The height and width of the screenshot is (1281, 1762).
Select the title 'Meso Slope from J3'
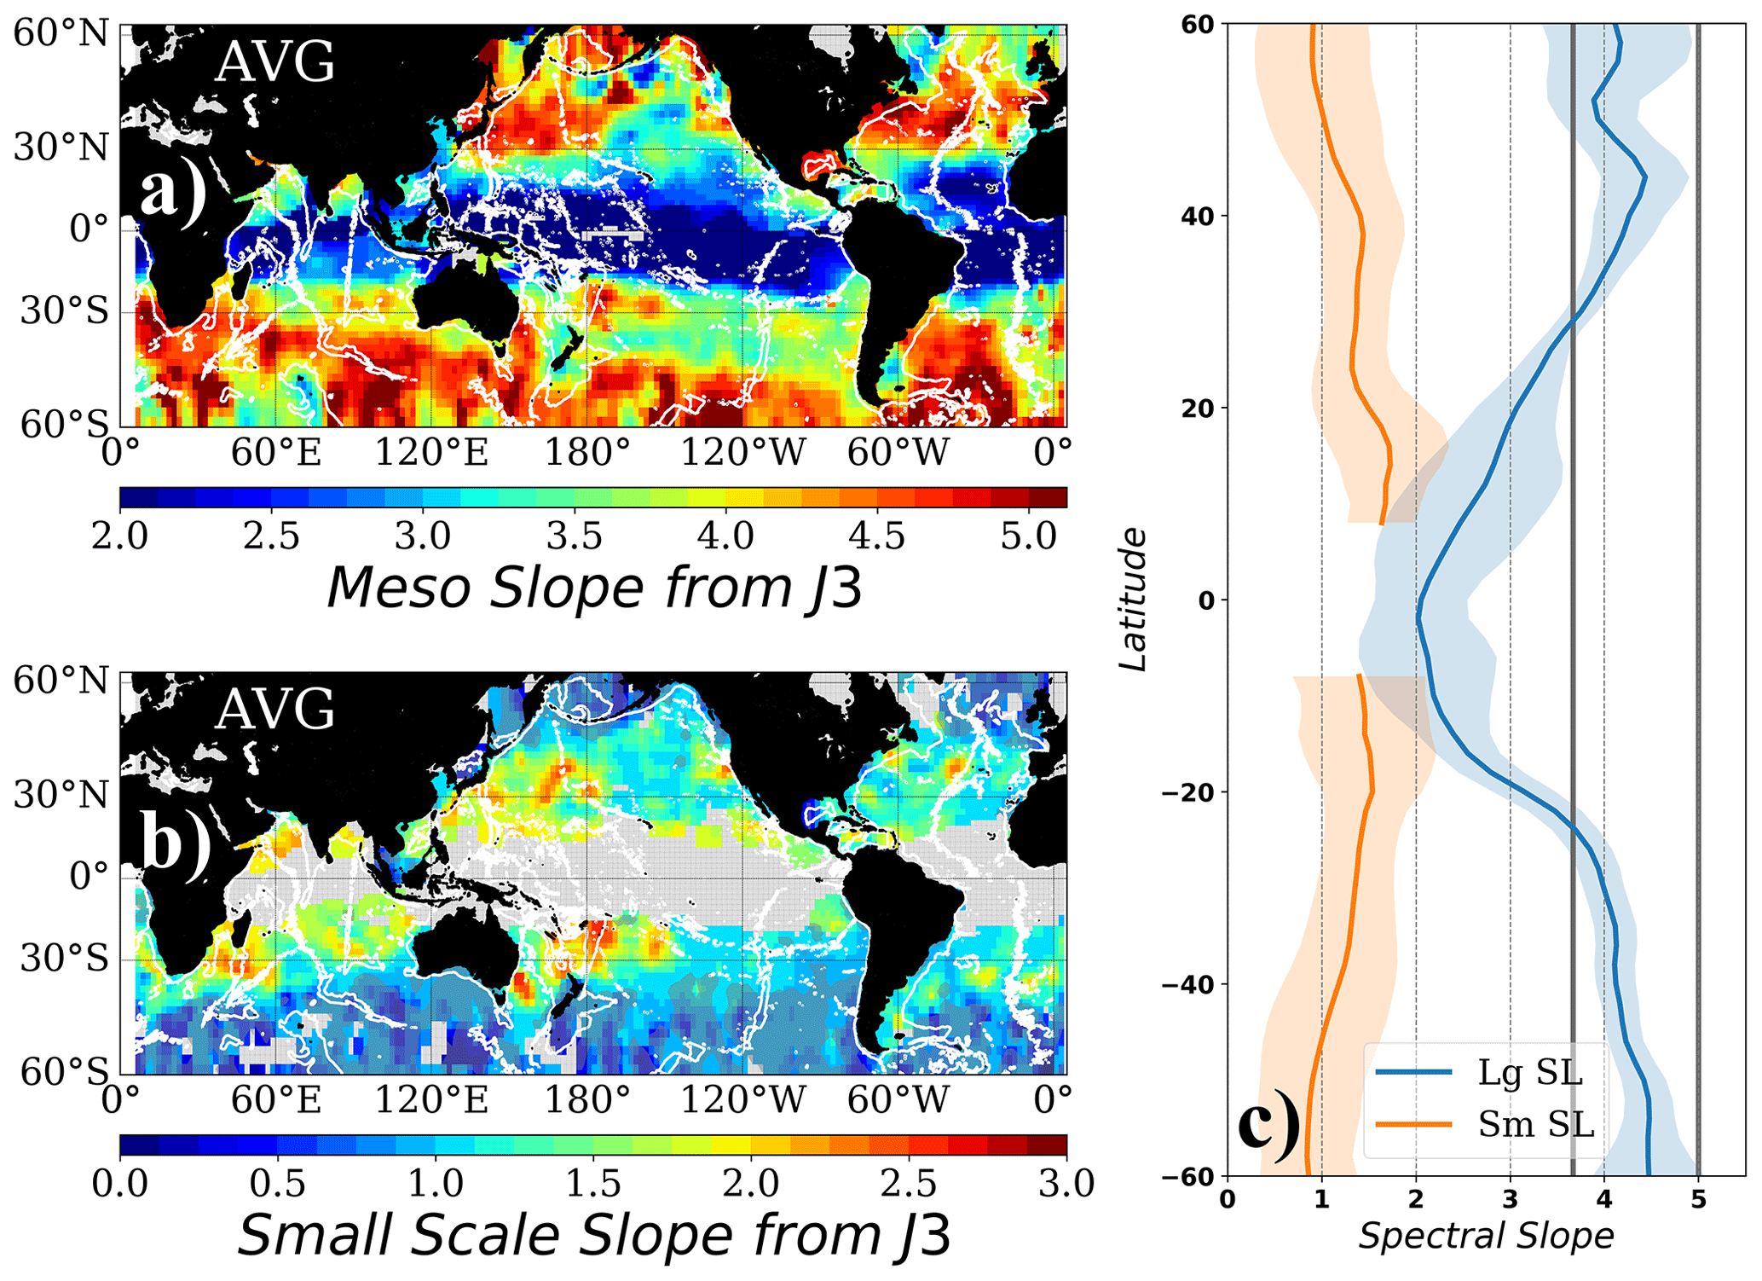pos(594,588)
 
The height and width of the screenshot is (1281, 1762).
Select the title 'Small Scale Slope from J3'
pos(594,1234)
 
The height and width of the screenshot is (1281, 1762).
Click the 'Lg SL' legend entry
pos(1529,1072)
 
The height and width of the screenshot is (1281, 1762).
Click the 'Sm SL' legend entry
pos(1535,1124)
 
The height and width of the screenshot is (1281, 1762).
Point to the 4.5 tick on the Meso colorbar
pos(877,536)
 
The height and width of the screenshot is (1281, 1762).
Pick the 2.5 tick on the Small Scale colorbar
pos(909,1184)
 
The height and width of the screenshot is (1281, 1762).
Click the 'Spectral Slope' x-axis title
pos(1486,1236)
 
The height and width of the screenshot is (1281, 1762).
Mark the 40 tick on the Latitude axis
pos(1197,216)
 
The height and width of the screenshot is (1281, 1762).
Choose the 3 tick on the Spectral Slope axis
pos(1510,1199)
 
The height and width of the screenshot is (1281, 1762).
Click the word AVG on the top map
pos(275,62)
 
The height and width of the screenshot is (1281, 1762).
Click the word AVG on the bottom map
pos(275,710)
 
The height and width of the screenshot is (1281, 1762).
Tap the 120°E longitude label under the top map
pos(432,451)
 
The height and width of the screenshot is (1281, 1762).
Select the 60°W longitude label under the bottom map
pos(898,1100)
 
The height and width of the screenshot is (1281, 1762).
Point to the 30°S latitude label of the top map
pos(65,311)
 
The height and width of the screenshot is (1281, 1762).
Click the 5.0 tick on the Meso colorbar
pos(1029,536)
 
